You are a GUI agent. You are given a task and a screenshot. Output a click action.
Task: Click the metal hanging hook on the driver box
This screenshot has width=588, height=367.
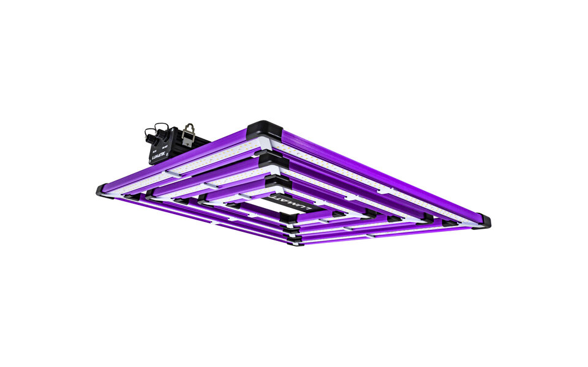click(189, 130)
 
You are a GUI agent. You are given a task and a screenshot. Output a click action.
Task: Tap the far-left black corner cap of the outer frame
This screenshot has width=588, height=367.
click(103, 190)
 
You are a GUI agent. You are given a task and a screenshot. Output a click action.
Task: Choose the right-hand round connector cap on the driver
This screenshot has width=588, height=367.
click(164, 130)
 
